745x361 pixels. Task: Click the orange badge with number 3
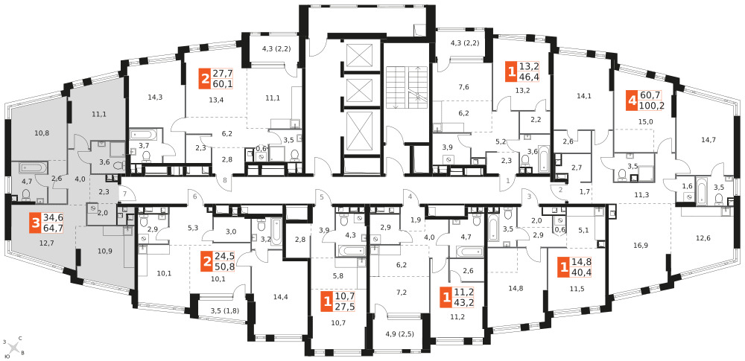[x=36, y=223]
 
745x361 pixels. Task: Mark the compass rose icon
[x=15, y=349]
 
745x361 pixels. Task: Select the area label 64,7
[x=53, y=228]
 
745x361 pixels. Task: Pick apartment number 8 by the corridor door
[x=225, y=180]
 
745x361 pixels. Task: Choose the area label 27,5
[x=344, y=306]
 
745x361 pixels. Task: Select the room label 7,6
[x=463, y=86]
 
